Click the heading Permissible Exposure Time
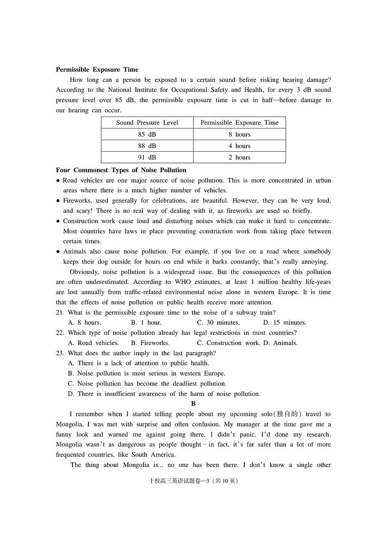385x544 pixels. (x=97, y=69)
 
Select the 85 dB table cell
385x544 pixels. (x=147, y=134)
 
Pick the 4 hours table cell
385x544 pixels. (x=239, y=146)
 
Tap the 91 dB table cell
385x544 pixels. (x=147, y=157)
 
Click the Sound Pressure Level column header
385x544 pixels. (x=147, y=123)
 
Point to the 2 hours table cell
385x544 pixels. (x=239, y=157)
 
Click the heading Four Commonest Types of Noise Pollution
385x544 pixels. (x=121, y=170)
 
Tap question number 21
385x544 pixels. (x=60, y=313)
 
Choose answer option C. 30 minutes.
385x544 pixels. (x=218, y=323)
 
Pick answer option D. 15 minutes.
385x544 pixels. (x=285, y=323)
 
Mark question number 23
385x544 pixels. (x=60, y=353)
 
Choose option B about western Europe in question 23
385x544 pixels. (x=146, y=374)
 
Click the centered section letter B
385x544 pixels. (x=193, y=404)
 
